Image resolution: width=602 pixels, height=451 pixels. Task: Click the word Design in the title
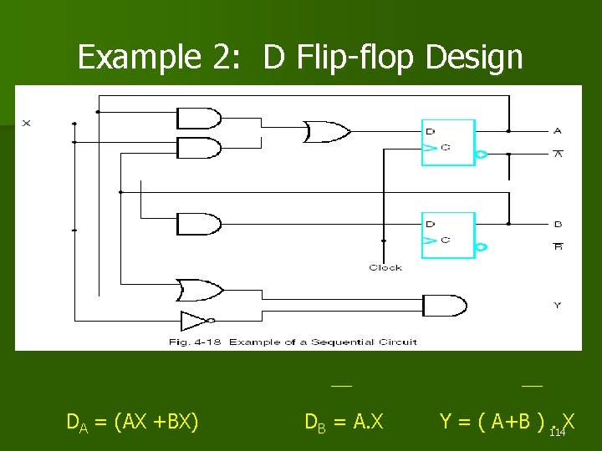[473, 58]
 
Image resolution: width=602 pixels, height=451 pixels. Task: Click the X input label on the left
[26, 124]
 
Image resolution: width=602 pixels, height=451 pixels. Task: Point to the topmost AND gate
[200, 118]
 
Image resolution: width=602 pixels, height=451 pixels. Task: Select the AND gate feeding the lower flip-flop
[200, 224]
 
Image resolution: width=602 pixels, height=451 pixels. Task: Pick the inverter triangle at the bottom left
[196, 320]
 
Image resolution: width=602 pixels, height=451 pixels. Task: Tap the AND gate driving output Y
[443, 305]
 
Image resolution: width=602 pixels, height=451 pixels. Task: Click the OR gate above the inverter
[199, 290]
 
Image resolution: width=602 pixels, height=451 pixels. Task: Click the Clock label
[385, 267]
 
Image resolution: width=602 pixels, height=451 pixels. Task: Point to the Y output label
[558, 305]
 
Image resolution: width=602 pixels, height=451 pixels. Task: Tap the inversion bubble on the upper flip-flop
[482, 154]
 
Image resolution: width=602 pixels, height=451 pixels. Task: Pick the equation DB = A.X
[344, 422]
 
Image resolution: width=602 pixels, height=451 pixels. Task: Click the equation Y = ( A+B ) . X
[506, 421]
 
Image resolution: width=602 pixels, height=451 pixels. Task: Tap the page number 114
[558, 432]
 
